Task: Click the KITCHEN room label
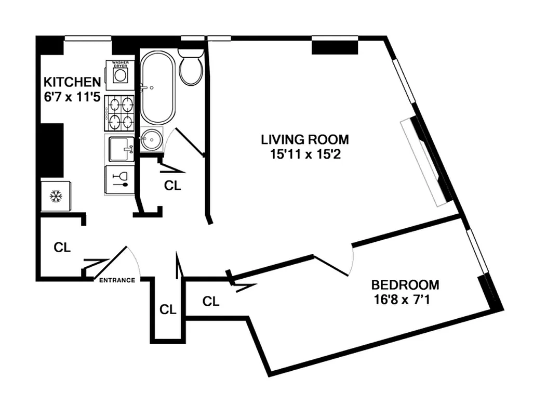point(71,82)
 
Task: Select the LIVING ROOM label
point(304,139)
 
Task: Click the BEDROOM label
point(405,285)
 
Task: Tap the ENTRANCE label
point(117,280)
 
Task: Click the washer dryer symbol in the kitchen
point(120,74)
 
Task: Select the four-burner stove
point(119,113)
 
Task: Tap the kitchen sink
point(121,148)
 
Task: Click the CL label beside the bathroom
point(172,186)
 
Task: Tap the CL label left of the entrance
point(62,248)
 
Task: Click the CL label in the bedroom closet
point(210,301)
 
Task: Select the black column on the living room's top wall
point(335,46)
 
